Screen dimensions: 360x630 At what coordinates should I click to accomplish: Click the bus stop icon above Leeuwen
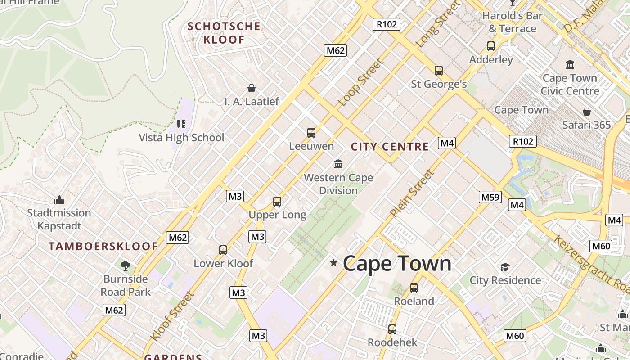pyautogui.click(x=311, y=133)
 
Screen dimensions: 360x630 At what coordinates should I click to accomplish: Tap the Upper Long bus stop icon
pyautogui.click(x=277, y=202)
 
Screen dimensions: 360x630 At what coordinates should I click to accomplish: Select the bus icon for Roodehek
pyautogui.click(x=392, y=329)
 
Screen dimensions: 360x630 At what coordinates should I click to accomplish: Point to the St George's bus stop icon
pyautogui.click(x=439, y=71)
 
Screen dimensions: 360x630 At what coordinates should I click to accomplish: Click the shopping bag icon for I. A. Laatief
pyautogui.click(x=252, y=88)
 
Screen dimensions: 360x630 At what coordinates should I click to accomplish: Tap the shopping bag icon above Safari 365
pyautogui.click(x=587, y=112)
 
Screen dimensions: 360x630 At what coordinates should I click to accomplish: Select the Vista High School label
pyautogui.click(x=181, y=138)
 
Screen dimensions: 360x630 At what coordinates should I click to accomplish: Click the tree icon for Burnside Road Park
pyautogui.click(x=126, y=266)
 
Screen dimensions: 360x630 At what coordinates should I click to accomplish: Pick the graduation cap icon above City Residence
pyautogui.click(x=505, y=267)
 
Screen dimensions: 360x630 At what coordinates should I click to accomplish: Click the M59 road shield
pyautogui.click(x=490, y=197)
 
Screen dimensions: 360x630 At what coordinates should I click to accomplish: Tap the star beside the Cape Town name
pyautogui.click(x=333, y=263)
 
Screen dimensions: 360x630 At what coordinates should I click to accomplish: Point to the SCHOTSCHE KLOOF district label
pyautogui.click(x=224, y=33)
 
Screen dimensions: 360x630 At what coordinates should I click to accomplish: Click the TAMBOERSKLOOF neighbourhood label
pyautogui.click(x=103, y=247)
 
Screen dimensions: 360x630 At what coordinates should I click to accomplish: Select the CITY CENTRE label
pyautogui.click(x=390, y=147)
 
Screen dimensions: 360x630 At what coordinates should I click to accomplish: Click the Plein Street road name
pyautogui.click(x=413, y=193)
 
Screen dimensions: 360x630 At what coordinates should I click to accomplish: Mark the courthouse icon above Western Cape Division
pyautogui.click(x=338, y=164)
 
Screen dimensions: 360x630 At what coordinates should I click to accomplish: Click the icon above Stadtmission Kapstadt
pyautogui.click(x=59, y=200)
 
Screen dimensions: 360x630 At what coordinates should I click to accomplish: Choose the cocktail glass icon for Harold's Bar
pyautogui.click(x=512, y=3)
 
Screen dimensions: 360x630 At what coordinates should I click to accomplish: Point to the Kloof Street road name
pyautogui.click(x=172, y=316)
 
